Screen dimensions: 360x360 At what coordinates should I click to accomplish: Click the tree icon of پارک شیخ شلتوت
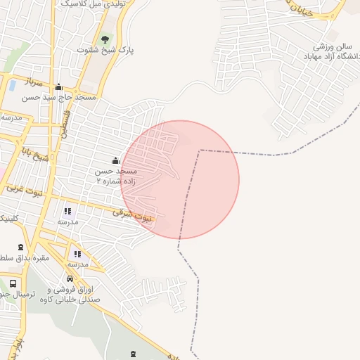click(105, 39)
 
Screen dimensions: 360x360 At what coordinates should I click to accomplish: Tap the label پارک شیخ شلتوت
click(105, 51)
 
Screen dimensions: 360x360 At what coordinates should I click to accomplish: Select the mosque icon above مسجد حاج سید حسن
click(68, 88)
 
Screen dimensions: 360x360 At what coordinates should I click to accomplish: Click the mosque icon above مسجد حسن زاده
click(116, 161)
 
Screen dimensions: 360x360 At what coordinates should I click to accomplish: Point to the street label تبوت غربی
click(24, 190)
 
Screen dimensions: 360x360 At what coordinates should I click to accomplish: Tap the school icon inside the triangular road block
click(77, 254)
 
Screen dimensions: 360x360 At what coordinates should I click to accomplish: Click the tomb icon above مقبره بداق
click(20, 247)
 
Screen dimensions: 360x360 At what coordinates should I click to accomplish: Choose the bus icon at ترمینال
click(13, 284)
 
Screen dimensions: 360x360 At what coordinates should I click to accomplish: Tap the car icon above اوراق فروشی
click(70, 279)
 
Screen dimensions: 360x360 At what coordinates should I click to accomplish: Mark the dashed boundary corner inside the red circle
click(200, 150)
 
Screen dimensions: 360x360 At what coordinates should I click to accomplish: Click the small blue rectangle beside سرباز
click(12, 86)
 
